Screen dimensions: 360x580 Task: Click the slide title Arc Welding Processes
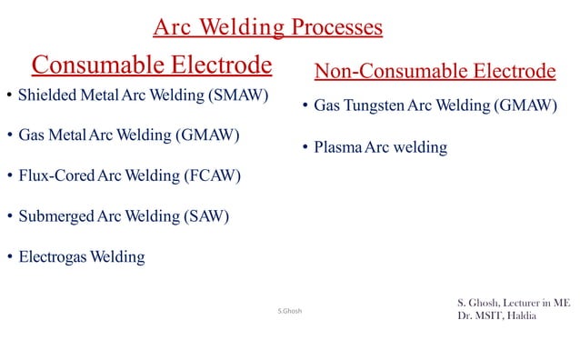pyautogui.click(x=267, y=28)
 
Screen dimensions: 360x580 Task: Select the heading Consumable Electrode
pyautogui.click(x=152, y=65)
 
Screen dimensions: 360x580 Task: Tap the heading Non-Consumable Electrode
pyautogui.click(x=434, y=71)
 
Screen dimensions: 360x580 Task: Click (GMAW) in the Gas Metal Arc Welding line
pyautogui.click(x=208, y=135)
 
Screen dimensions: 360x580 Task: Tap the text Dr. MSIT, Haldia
pyautogui.click(x=496, y=316)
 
